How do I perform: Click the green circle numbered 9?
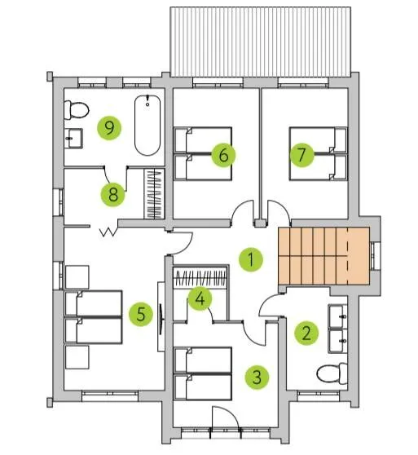click(109, 128)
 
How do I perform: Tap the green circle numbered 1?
click(251, 259)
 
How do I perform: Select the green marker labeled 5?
click(141, 314)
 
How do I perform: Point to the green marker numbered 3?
click(257, 377)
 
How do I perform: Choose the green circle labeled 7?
click(301, 155)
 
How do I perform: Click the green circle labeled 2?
click(306, 333)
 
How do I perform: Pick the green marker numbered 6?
click(223, 155)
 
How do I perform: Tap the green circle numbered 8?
click(112, 194)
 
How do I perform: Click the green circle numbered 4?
click(200, 298)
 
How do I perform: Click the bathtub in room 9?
click(147, 126)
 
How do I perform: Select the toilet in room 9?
click(76, 110)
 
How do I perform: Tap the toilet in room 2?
click(332, 373)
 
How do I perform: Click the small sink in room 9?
click(73, 139)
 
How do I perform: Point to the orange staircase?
click(323, 256)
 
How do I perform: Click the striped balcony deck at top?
click(260, 42)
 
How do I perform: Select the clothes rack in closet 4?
click(200, 277)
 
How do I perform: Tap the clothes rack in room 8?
click(154, 193)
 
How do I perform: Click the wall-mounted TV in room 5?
click(161, 317)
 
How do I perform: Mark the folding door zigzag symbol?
click(108, 232)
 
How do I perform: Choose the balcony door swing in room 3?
click(225, 417)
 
